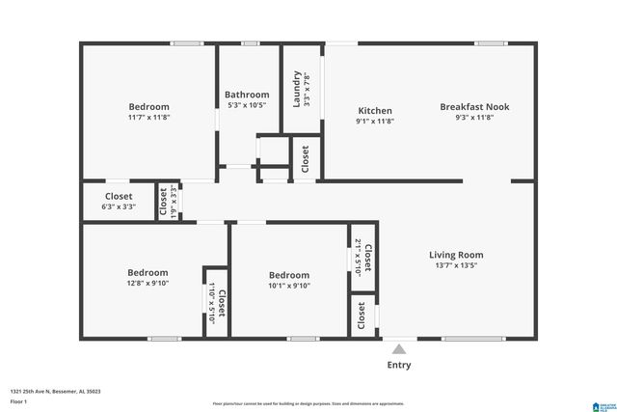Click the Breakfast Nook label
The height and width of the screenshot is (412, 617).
[474, 107]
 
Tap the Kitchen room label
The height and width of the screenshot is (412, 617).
[374, 110]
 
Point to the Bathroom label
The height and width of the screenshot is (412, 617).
[247, 95]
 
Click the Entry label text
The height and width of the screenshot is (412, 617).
[398, 365]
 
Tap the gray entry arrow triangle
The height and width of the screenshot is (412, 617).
[398, 348]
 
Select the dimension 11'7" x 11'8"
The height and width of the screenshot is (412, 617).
[148, 118]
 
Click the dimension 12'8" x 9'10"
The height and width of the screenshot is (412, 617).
[148, 284]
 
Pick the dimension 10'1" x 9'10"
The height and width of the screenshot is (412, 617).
[289, 286]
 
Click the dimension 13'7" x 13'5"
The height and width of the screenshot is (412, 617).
[455, 266]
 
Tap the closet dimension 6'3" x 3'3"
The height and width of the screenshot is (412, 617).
[119, 206]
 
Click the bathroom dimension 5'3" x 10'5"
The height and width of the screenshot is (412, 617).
[247, 105]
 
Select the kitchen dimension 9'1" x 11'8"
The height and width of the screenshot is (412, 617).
[374, 123]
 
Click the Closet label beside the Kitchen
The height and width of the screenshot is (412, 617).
[306, 158]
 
